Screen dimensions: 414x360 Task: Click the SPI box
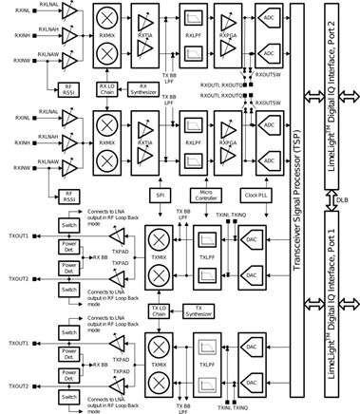click(x=160, y=195)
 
